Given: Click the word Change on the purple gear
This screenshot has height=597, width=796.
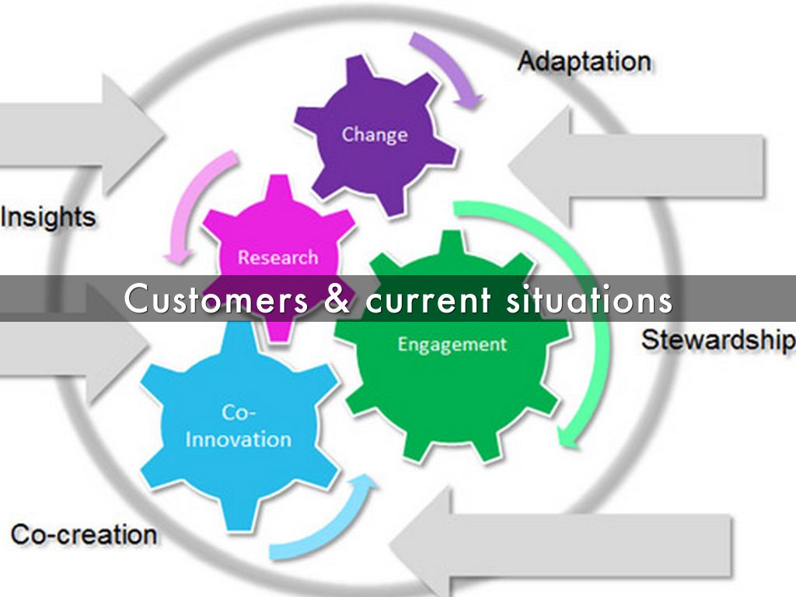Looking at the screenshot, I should (x=375, y=134).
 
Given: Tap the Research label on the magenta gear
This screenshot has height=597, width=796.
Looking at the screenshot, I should (x=278, y=257).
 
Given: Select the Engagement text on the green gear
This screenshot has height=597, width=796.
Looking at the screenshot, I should (x=452, y=344).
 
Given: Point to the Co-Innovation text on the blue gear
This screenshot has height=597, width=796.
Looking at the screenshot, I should (x=238, y=427).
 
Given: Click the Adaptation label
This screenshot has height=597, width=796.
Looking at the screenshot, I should (x=584, y=61).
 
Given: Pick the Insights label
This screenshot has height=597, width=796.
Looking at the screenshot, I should (x=48, y=217).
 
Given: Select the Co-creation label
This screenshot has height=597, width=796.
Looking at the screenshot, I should (x=83, y=534).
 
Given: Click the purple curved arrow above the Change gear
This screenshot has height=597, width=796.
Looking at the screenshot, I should (x=450, y=66).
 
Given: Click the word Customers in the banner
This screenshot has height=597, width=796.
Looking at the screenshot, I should (x=216, y=299).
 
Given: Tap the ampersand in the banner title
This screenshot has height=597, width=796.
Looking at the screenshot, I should (x=336, y=299).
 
